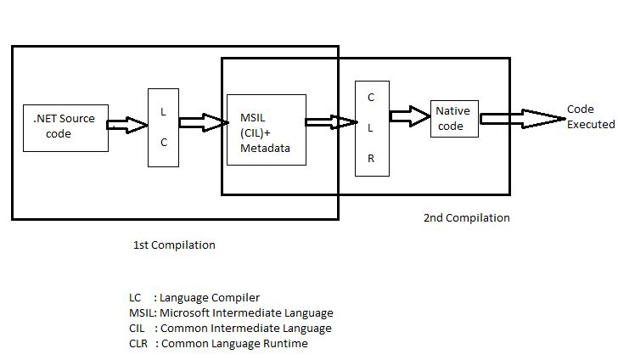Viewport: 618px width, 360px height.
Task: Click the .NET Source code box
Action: point(65,127)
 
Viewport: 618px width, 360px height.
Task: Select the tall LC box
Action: point(164,127)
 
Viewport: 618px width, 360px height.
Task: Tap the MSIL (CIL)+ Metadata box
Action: point(267,129)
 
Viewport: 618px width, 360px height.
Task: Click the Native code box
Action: point(454,118)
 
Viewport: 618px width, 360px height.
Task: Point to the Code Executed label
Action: point(591,117)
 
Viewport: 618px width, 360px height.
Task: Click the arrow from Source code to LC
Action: point(127,125)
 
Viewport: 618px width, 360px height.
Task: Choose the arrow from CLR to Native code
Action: point(409,115)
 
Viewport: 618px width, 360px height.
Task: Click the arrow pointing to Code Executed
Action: point(522,119)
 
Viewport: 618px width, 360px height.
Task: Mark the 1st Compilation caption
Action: point(174,245)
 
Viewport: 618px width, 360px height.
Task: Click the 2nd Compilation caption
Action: point(466,218)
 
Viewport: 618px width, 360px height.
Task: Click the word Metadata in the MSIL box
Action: point(265,149)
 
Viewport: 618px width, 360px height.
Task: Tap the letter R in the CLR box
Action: point(371,159)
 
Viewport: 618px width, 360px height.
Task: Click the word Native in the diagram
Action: point(452,111)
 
